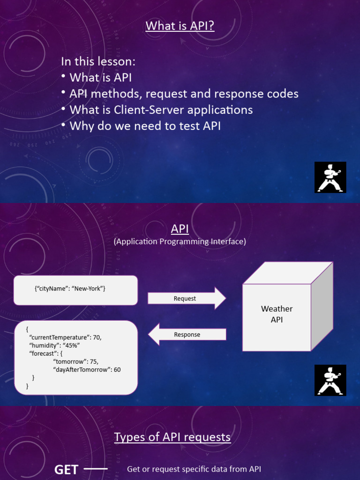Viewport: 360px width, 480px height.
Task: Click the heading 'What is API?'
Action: tap(180, 25)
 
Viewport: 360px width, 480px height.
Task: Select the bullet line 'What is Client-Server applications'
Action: tap(161, 110)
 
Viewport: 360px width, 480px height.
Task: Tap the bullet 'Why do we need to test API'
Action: tap(145, 126)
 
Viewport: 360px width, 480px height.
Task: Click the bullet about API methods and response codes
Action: tap(184, 94)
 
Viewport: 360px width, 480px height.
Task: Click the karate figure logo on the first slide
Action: tap(330, 177)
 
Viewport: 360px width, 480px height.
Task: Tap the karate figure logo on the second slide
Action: tap(330, 380)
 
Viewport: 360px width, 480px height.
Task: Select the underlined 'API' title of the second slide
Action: tap(180, 229)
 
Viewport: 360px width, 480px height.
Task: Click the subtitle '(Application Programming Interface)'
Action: tap(180, 241)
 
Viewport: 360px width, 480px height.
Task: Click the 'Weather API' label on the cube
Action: tap(277, 314)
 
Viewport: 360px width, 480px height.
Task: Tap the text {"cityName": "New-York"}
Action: tap(70, 289)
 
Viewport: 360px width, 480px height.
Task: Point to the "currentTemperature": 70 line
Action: tap(65, 337)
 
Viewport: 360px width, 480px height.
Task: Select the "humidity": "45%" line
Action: tap(54, 345)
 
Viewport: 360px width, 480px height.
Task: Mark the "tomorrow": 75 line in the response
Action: tap(75, 361)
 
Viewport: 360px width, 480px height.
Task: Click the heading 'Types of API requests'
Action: tap(172, 437)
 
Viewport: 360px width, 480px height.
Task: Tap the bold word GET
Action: tap(66, 470)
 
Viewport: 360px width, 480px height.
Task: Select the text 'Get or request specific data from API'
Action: tap(194, 469)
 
